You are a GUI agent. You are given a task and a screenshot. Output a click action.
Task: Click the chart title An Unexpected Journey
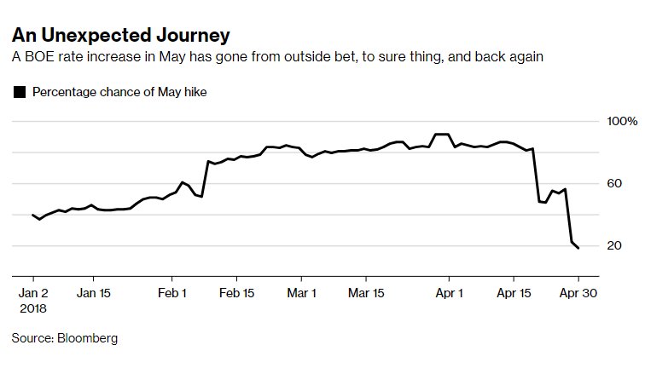120,36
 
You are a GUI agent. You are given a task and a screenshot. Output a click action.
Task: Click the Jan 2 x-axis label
32,290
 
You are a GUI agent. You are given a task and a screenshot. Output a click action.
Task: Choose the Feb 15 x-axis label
236,290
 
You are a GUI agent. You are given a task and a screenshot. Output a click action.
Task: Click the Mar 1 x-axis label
301,290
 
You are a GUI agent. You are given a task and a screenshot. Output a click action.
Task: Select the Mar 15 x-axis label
365,290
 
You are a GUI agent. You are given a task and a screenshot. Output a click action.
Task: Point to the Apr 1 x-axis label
449,290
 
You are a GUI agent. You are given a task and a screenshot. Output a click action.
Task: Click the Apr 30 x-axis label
578,290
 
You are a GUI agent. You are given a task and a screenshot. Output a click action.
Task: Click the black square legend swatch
20,92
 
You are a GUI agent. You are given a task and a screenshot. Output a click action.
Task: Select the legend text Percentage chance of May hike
119,92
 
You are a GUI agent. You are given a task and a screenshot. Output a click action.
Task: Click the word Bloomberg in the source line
87,338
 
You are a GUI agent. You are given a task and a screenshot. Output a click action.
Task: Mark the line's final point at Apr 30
578,248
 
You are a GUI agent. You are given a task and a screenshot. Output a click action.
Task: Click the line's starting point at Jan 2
32,215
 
